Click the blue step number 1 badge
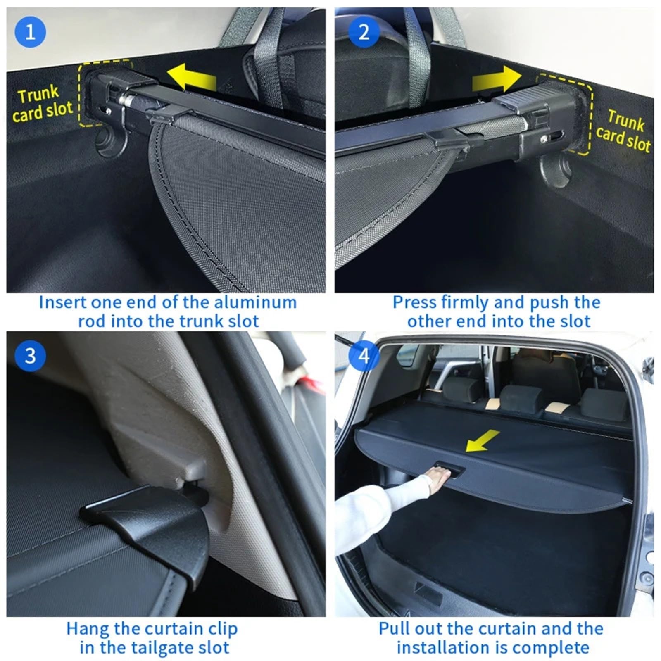(30, 32)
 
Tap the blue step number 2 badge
(364, 32)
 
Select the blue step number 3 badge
(30, 356)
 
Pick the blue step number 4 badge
(364, 356)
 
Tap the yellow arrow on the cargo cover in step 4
(483, 440)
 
